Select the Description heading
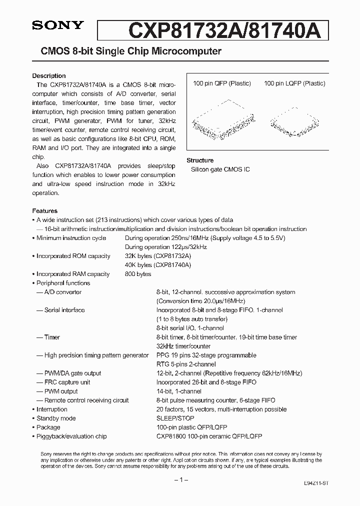49,76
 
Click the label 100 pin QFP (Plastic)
222,83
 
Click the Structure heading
200,160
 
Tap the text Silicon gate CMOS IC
220,169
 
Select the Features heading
45,211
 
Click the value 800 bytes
138,274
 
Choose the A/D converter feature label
62,292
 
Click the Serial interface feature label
64,310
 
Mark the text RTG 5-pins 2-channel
186,364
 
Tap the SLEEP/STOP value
175,418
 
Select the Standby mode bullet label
56,418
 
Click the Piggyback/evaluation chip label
71,436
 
